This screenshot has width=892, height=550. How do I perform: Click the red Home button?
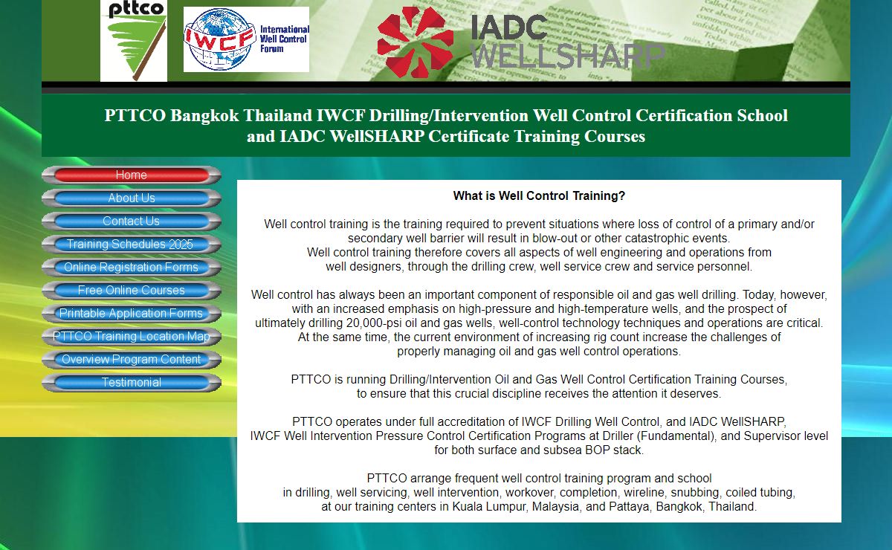point(132,175)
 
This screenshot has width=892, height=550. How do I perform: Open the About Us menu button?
point(132,198)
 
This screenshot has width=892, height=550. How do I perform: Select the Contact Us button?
point(132,221)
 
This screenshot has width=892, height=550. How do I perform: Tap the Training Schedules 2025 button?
point(132,244)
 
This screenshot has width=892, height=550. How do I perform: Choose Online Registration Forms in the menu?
point(132,268)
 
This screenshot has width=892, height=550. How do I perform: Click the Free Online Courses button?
point(132,291)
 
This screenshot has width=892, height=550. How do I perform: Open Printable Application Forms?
point(132,314)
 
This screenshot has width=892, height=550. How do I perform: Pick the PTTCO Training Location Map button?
point(132,337)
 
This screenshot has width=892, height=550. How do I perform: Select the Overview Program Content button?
point(132,360)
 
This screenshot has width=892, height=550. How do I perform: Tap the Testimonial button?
point(132,383)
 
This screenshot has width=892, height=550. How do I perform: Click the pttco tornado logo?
point(134,41)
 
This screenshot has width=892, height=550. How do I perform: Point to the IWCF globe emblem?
point(219,40)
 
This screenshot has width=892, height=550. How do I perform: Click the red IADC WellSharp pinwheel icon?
point(416,42)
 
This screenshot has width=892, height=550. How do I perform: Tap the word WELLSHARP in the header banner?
point(568,56)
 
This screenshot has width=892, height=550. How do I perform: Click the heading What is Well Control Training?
point(539,196)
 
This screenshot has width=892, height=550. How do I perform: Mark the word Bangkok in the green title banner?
point(204,116)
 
